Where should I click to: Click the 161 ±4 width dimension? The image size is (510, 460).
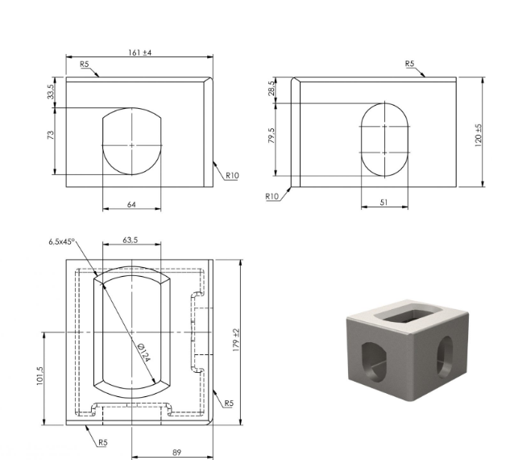click(x=140, y=52)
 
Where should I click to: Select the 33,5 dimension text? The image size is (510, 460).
click(x=51, y=91)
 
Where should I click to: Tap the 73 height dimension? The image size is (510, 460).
click(x=51, y=135)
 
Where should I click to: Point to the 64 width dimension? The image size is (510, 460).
click(x=131, y=205)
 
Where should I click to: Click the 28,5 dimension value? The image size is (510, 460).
click(x=272, y=88)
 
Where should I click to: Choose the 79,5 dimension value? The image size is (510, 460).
click(x=272, y=136)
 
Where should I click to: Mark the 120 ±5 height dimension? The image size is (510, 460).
click(x=478, y=136)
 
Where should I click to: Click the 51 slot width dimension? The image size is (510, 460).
click(x=384, y=203)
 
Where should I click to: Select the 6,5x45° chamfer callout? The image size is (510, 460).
click(x=62, y=242)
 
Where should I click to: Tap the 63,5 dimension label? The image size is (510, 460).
click(x=130, y=240)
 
